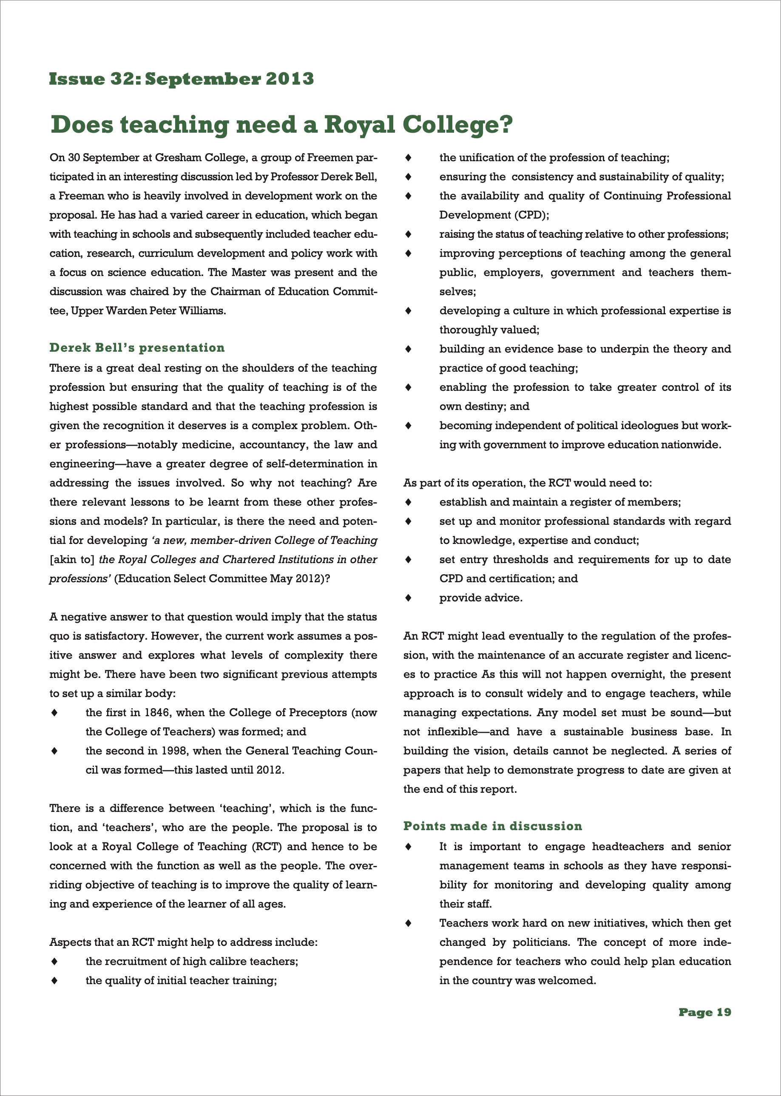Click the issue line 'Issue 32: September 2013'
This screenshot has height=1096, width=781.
pos(181,79)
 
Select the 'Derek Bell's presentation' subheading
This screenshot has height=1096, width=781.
pos(137,348)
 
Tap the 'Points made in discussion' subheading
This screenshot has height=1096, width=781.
pos(492,826)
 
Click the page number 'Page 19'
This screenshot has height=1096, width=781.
pos(704,1012)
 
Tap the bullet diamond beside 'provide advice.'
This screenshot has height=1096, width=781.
pos(408,598)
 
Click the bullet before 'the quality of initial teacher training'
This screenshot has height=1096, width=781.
pos(54,980)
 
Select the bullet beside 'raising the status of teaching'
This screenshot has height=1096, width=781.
pos(408,234)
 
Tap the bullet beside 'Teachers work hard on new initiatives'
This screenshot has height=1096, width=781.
pos(408,923)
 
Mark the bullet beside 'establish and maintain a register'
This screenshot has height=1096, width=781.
pos(408,502)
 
